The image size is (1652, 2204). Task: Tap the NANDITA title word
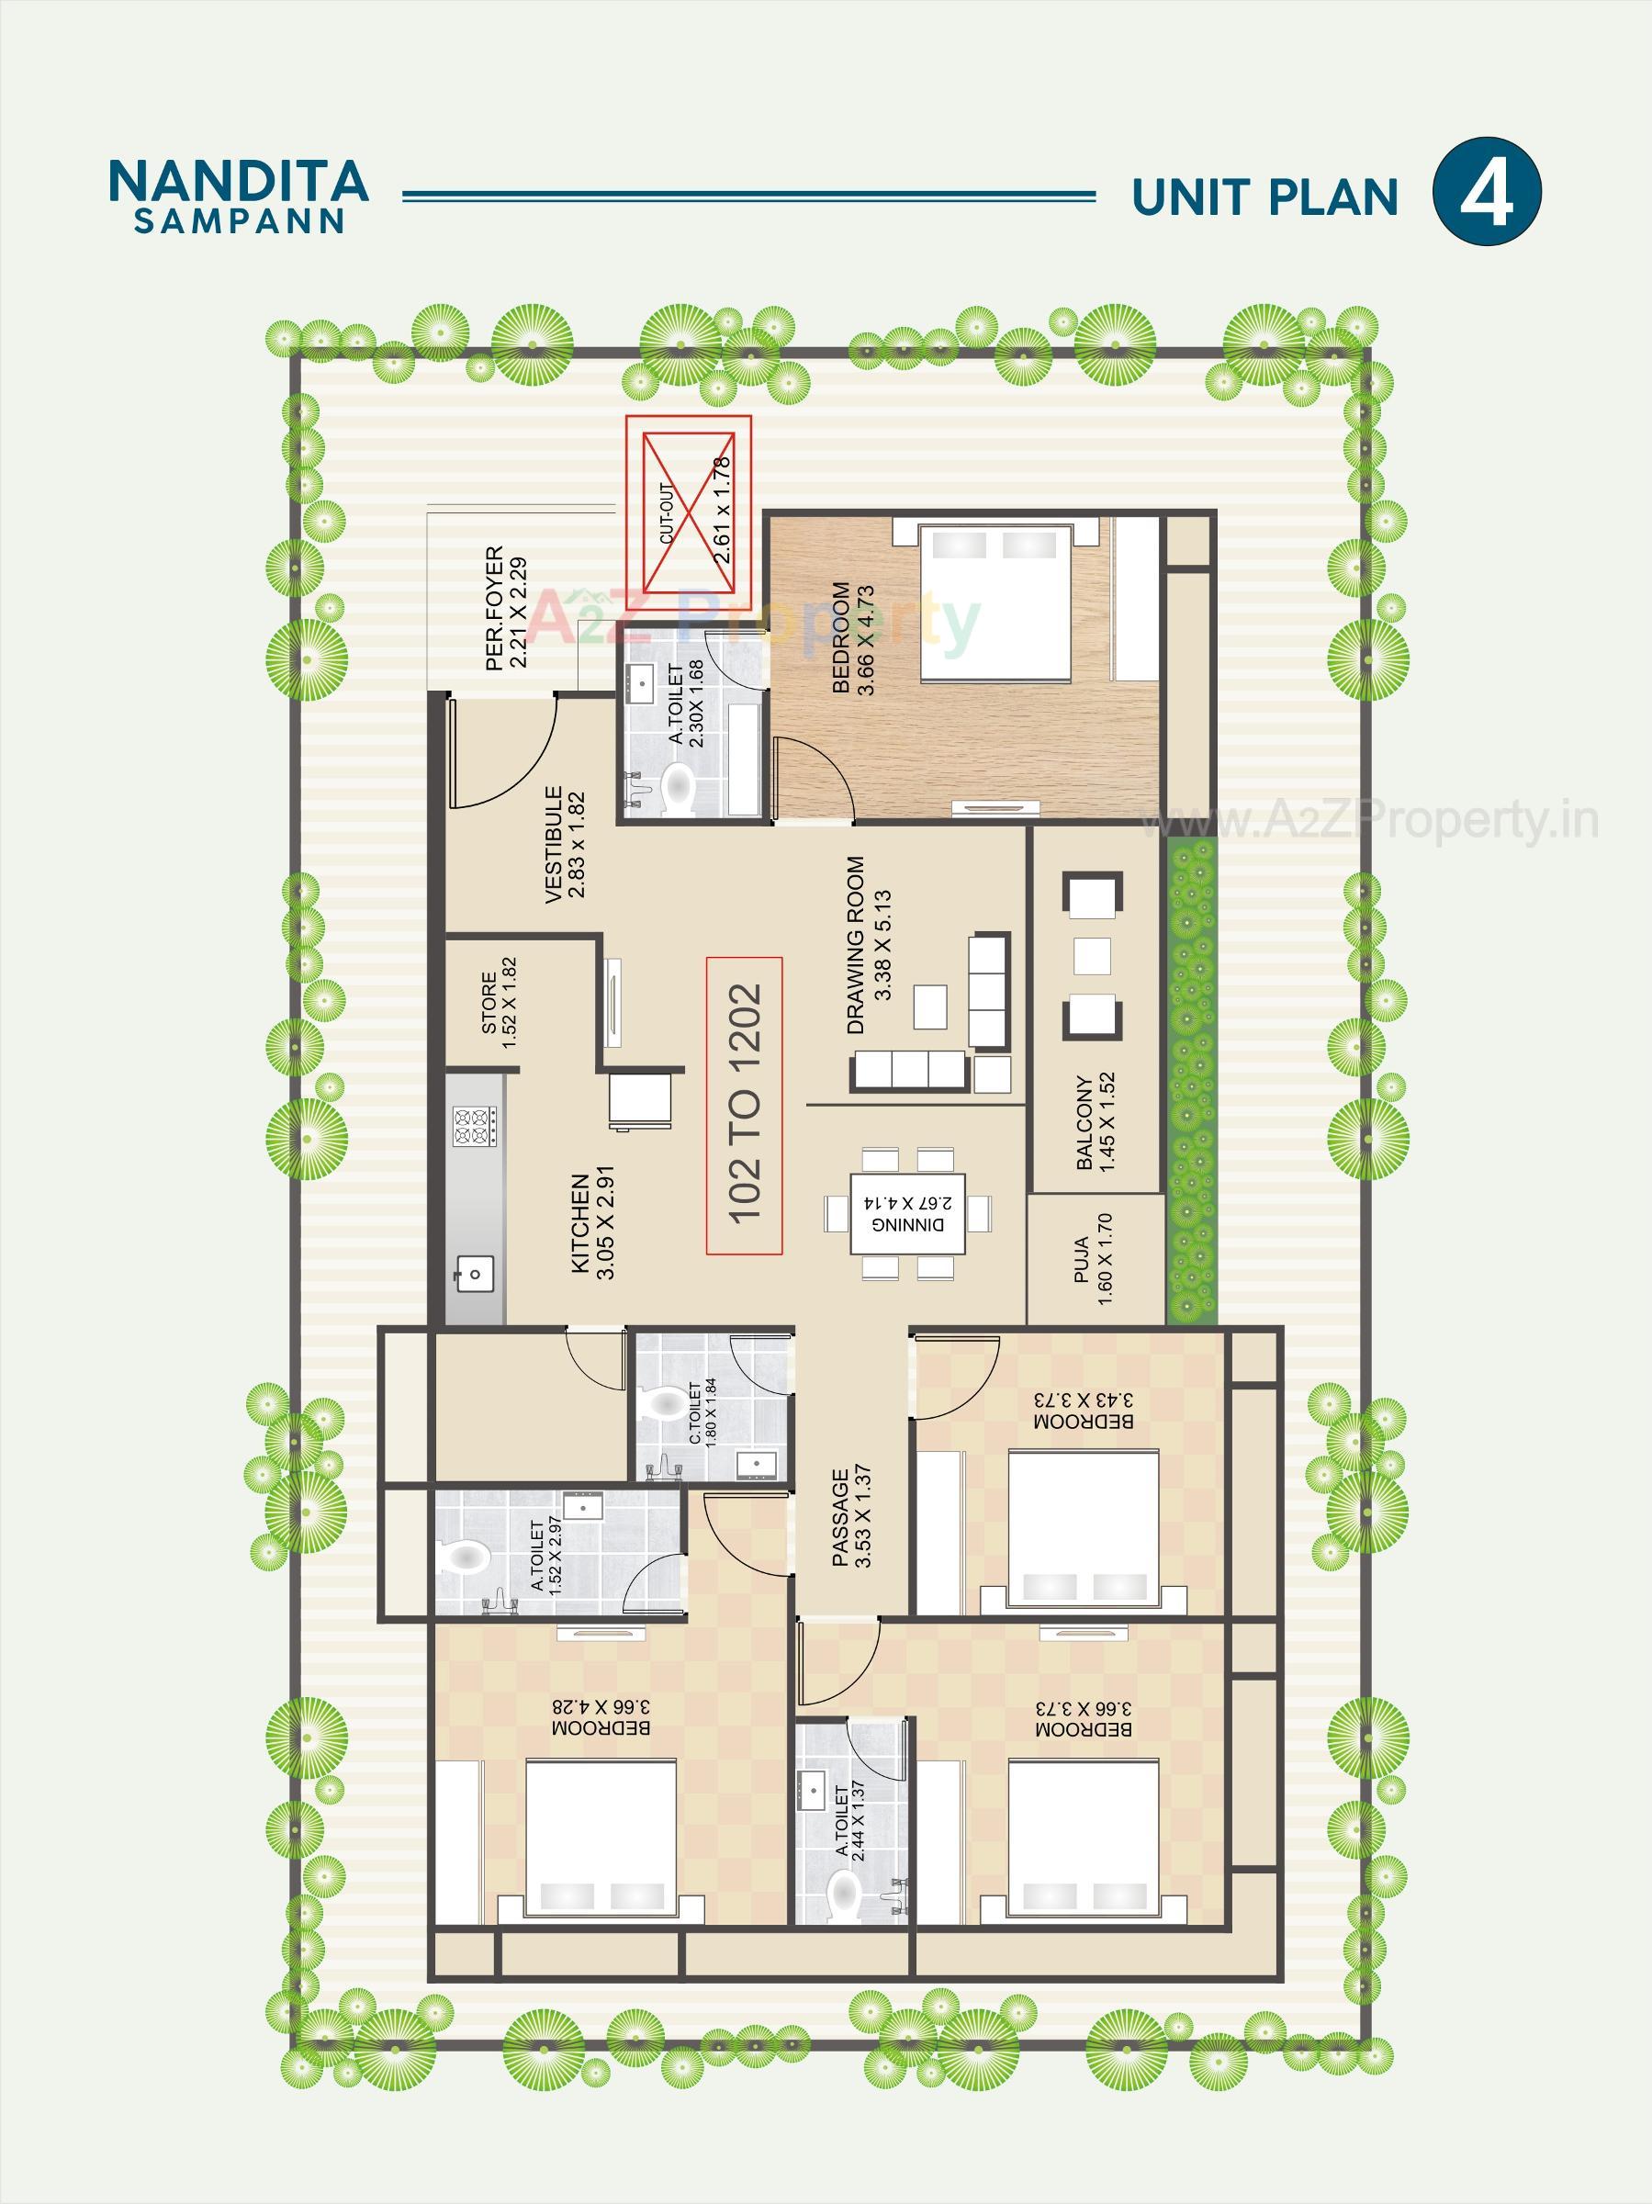[238, 180]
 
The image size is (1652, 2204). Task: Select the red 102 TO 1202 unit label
[745, 1105]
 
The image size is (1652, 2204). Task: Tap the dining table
[906, 1211]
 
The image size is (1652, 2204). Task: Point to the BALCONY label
[1094, 1121]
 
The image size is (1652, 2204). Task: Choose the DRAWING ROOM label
[867, 946]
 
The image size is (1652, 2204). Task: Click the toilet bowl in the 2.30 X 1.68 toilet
[679, 786]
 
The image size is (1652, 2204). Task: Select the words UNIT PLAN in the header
[1264, 197]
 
